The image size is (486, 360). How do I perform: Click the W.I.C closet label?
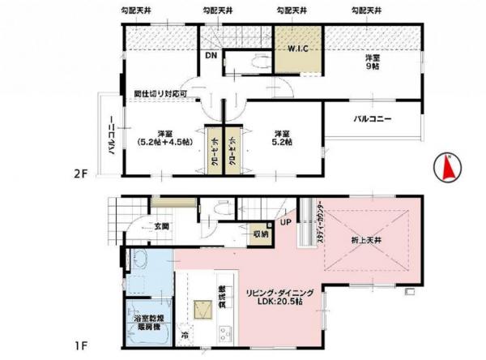(x=297, y=49)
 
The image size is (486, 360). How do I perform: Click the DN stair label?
(x=211, y=56)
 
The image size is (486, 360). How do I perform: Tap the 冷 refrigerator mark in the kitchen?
(x=184, y=334)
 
